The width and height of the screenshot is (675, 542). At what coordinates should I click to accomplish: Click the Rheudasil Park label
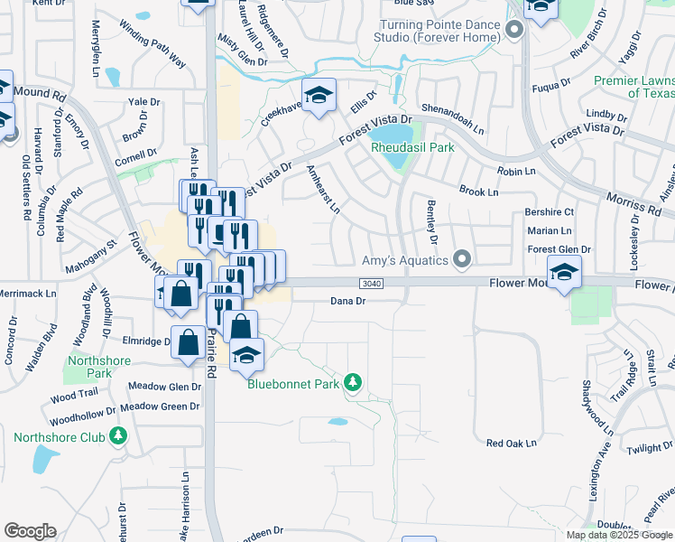(x=412, y=147)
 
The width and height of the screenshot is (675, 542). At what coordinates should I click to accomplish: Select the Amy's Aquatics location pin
(x=463, y=260)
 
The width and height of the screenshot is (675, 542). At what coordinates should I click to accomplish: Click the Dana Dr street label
(x=347, y=301)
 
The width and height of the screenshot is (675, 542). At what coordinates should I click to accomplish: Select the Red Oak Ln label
(x=512, y=444)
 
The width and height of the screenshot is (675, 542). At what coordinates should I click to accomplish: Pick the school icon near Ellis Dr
(x=318, y=96)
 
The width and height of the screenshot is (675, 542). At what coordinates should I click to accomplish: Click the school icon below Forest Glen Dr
(x=564, y=271)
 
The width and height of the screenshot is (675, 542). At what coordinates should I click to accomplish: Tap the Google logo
(x=30, y=531)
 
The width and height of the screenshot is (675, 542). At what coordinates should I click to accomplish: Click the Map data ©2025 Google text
(x=619, y=535)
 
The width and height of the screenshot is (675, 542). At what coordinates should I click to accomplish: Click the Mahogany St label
(x=100, y=257)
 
